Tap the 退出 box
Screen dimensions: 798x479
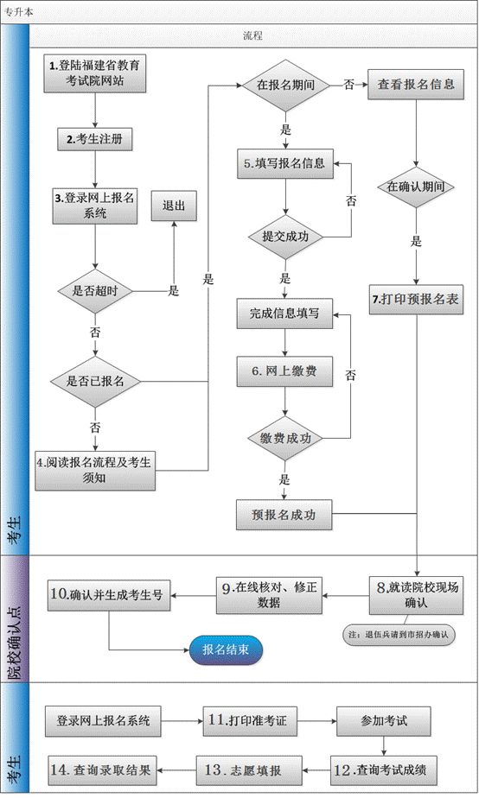pos(173,206)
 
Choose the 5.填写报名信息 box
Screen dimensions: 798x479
pos(284,162)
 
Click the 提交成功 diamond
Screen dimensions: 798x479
pos(284,236)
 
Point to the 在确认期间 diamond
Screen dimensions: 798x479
pos(417,186)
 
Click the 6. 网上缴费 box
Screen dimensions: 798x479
pos(284,371)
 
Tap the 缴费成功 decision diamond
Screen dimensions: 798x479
pos(284,438)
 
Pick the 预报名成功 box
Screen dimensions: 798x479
pos(284,515)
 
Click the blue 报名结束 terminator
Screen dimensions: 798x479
pos(226,649)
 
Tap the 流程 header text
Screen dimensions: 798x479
pos(252,37)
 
